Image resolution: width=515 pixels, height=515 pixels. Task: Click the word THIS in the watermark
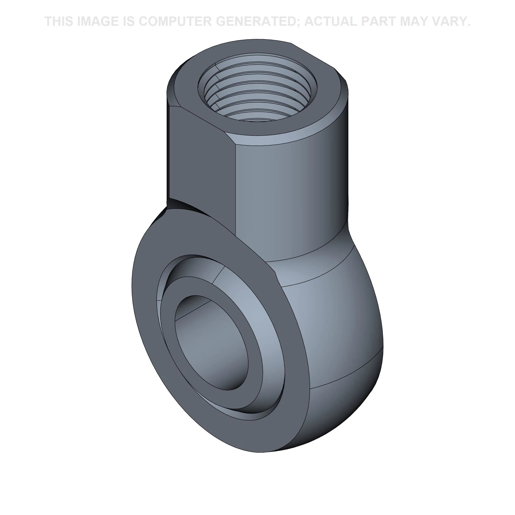(59, 21)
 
